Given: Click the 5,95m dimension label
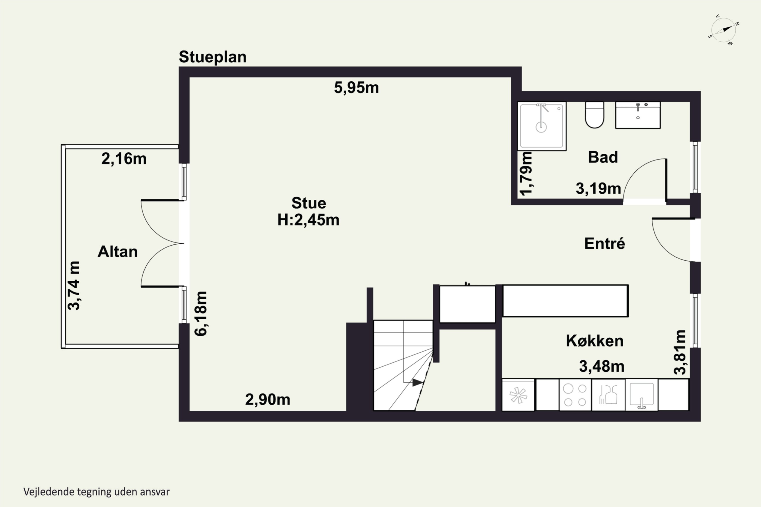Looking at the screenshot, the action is (356, 88).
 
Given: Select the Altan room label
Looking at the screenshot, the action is (117, 251).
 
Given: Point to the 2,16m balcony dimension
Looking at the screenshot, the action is (124, 159).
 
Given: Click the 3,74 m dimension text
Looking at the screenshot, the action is (74, 285).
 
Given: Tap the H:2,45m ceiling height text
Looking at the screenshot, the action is (308, 220).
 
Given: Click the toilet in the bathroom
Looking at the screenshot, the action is (595, 115).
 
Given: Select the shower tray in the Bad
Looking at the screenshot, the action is (542, 126).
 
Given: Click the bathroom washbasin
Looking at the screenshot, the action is (638, 115).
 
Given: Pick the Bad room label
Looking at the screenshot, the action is (603, 157).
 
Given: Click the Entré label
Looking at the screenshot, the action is (604, 243).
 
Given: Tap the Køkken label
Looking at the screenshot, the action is (595, 341).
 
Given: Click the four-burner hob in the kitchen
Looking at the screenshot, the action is (575, 395).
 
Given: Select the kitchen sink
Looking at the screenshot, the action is (642, 395).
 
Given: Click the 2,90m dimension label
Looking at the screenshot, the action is (268, 400).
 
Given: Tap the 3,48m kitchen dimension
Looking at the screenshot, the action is (601, 366).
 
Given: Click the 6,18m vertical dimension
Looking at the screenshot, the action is (201, 313).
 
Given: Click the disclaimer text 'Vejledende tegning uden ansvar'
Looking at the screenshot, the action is (96, 492).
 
